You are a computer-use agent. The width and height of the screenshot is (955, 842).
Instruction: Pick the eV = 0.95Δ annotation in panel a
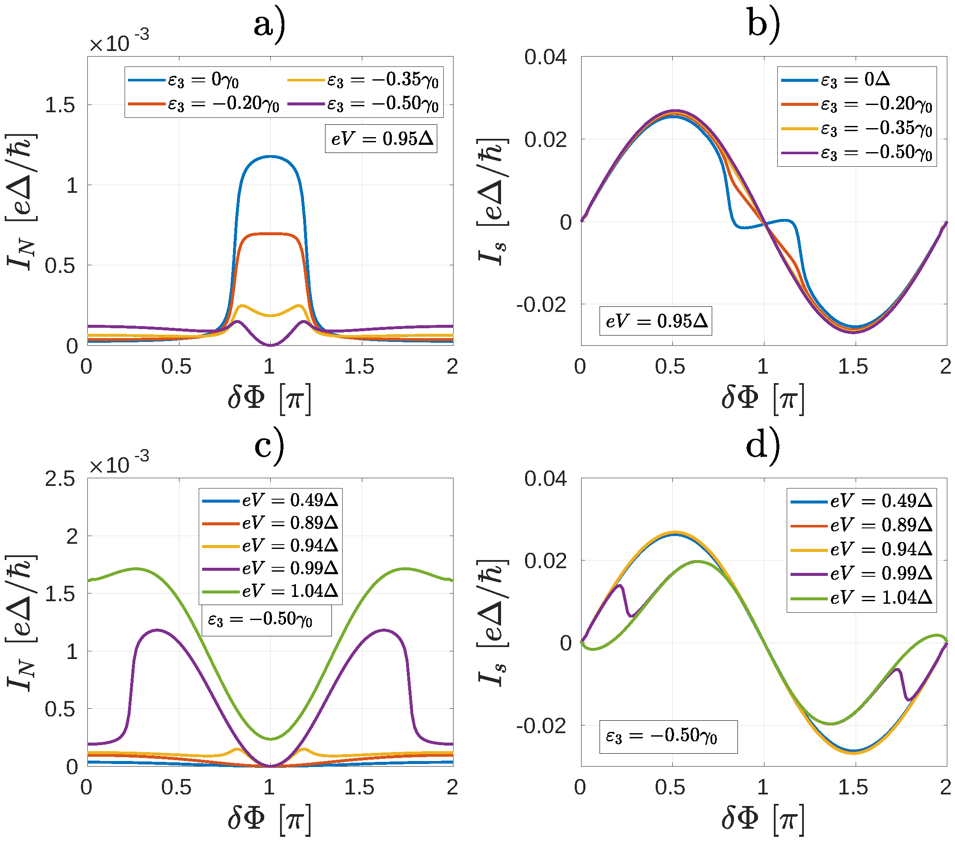[381, 138]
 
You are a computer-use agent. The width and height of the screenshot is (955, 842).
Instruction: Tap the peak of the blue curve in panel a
[270, 157]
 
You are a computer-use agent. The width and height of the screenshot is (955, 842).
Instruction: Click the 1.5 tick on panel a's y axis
[60, 105]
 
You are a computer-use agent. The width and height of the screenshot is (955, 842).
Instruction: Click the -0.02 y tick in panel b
[540, 305]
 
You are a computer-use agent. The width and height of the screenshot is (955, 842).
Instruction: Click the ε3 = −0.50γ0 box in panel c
[266, 620]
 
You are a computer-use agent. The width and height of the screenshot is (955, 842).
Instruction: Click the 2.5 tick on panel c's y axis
[60, 479]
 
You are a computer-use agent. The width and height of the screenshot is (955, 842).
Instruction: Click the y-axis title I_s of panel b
[492, 201]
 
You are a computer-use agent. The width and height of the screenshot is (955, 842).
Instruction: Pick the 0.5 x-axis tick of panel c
[176, 787]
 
